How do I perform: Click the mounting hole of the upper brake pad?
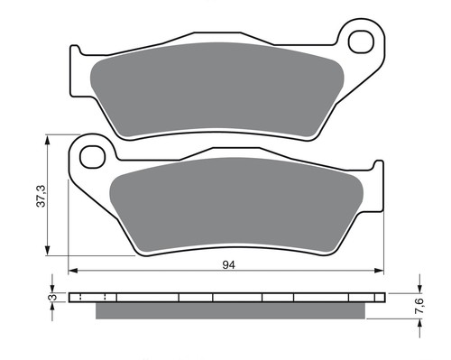pyautogui.click(x=361, y=41)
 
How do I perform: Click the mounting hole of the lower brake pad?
pyautogui.click(x=92, y=157)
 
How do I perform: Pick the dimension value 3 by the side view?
pyautogui.click(x=51, y=297)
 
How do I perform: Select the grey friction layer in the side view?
pyautogui.click(x=231, y=311)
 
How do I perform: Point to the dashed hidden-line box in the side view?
pyautogui.click(x=93, y=297)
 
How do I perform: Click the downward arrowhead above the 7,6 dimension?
pyautogui.click(x=417, y=287)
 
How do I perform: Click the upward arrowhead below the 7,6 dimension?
pyautogui.click(x=417, y=323)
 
